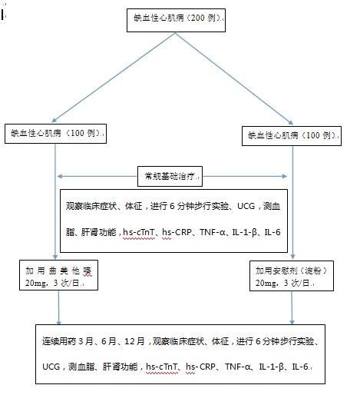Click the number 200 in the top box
coord(198,18)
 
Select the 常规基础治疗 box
coord(170,177)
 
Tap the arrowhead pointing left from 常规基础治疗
coord(60,177)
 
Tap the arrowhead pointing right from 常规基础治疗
coord(284,177)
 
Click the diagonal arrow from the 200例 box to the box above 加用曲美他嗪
coord(114,77)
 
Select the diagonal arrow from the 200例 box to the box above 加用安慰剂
coord(234,78)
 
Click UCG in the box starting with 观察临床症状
coord(246,206)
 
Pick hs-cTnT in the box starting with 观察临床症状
coord(139,232)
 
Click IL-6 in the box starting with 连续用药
coord(300,367)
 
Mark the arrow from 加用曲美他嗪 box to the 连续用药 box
coord(58,307)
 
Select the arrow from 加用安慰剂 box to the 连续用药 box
coord(292,307)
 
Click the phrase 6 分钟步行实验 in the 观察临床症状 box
coord(200,206)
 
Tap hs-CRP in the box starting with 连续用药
coord(200,367)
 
